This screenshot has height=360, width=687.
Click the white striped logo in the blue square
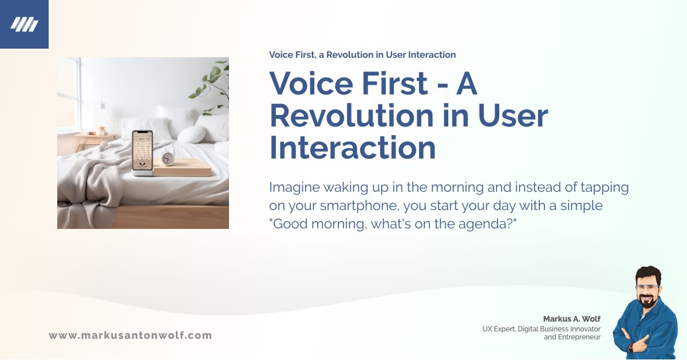point(24,25)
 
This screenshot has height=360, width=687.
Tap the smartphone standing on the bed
point(142,151)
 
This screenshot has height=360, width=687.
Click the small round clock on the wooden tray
point(168,159)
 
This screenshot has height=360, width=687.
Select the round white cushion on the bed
point(191,134)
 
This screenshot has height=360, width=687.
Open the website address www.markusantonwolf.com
point(130,335)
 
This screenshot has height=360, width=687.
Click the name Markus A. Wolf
point(571,319)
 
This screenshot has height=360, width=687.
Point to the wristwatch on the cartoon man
point(631,347)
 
